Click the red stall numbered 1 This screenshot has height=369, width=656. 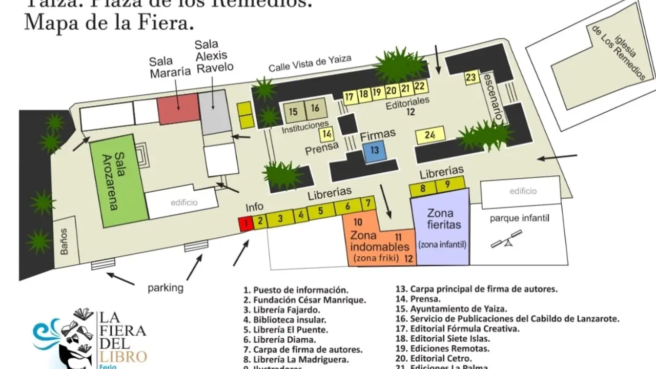(x=246, y=224)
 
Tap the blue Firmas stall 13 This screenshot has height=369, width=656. (x=375, y=151)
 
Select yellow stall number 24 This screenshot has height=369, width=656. (x=430, y=135)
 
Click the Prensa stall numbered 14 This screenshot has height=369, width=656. (x=327, y=134)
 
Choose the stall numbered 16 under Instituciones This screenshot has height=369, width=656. (x=315, y=108)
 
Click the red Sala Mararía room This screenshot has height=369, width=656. (x=177, y=108)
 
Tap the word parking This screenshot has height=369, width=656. (x=165, y=288)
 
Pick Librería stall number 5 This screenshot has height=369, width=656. (x=320, y=210)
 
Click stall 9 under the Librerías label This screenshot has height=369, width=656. (x=447, y=184)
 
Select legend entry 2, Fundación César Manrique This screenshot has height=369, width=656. (x=305, y=300)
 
